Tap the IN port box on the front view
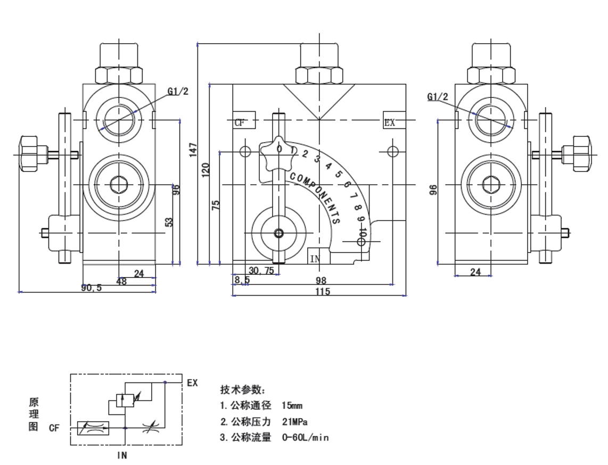[315, 258]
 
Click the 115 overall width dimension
[323, 291]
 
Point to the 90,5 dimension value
[91, 288]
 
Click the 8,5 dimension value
[242, 280]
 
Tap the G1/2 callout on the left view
[178, 91]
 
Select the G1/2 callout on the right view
[438, 96]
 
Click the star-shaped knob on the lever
[277, 153]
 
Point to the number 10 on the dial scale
[363, 232]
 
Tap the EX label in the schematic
[192, 382]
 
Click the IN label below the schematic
[122, 455]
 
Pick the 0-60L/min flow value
[305, 438]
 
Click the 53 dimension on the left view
[170, 222]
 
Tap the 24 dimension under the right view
[475, 272]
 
